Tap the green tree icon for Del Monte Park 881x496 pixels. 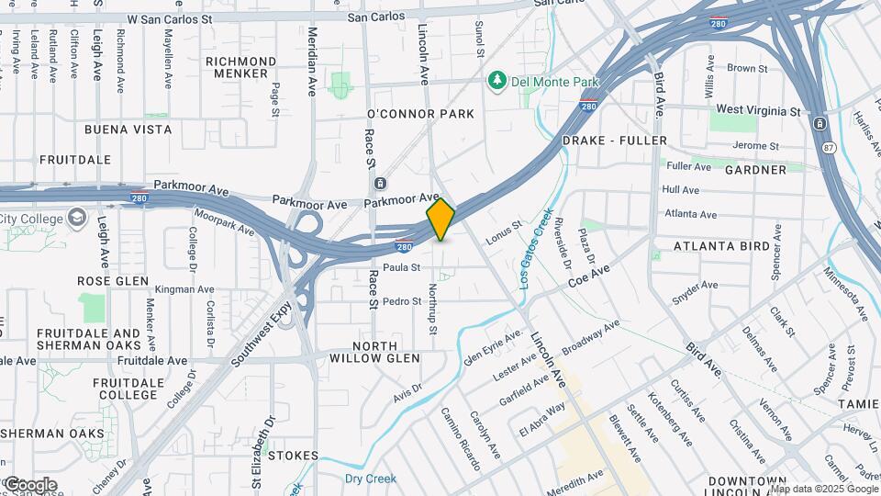click(498, 82)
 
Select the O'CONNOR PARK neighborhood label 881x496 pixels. click(420, 114)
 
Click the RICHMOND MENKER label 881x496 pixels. click(241, 68)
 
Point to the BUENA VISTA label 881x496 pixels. click(128, 130)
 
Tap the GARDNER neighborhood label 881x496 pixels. click(755, 170)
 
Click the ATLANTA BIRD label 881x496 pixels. click(721, 246)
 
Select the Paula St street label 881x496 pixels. click(401, 267)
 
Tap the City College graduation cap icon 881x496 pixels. click(77, 219)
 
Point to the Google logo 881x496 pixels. click(30, 484)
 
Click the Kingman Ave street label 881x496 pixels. click(184, 289)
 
